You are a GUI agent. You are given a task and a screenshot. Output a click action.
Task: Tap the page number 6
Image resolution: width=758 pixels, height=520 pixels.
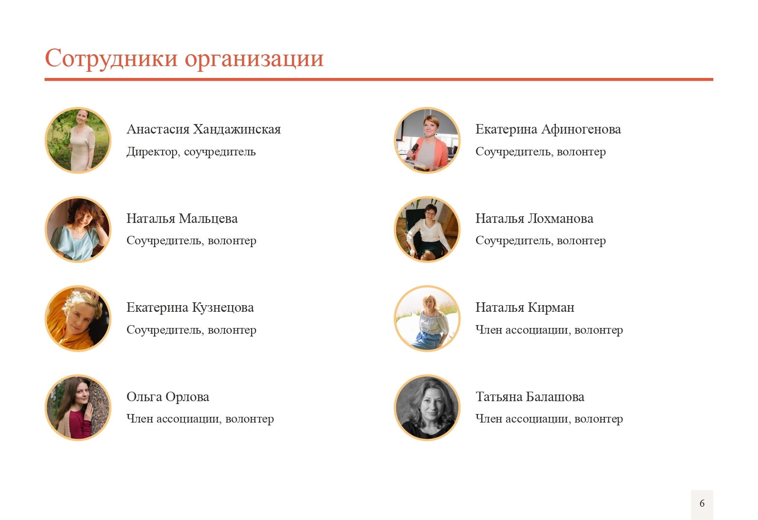coord(702,503)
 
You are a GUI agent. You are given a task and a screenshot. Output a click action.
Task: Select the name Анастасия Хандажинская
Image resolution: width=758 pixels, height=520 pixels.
coord(204,129)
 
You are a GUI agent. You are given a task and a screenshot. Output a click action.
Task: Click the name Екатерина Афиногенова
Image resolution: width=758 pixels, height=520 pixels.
coord(548,129)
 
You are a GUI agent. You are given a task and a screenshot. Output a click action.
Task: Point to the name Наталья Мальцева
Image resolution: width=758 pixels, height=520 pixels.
coord(182,219)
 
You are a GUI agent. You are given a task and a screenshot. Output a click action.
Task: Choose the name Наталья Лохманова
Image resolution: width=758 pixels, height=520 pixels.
coord(534,219)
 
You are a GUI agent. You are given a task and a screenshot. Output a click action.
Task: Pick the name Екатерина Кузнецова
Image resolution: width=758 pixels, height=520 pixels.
coord(190,308)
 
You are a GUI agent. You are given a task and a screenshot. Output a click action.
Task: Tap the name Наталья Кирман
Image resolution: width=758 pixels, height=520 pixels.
coord(525,308)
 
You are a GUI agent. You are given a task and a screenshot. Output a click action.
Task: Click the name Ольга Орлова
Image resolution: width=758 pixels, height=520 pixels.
coord(168,397)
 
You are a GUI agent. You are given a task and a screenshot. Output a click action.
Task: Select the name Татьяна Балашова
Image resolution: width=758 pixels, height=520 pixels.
coord(530,397)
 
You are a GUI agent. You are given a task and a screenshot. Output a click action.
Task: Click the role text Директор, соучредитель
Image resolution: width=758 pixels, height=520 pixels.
coord(191,152)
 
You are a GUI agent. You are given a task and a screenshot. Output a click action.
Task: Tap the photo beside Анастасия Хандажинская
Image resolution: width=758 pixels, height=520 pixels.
coord(78,140)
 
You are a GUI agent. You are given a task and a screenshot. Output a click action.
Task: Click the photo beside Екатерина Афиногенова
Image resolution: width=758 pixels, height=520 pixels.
coord(427,140)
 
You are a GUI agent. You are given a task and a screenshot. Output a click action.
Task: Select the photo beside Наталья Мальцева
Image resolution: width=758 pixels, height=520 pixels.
coord(78,230)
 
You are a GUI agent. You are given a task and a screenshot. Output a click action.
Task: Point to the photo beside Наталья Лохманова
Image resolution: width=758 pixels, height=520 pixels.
coord(427,230)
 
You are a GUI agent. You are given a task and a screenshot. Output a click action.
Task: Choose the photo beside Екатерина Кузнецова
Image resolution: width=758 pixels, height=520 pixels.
coord(78,318)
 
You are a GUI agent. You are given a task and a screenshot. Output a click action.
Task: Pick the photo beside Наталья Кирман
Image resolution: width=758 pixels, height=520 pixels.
coord(427,318)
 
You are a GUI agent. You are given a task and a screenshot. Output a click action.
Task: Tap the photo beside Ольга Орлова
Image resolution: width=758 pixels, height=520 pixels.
coord(78,408)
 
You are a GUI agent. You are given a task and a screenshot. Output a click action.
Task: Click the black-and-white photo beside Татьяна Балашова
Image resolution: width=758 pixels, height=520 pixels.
coord(427,408)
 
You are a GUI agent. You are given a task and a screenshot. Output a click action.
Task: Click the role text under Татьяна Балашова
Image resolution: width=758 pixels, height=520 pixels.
coord(549,419)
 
